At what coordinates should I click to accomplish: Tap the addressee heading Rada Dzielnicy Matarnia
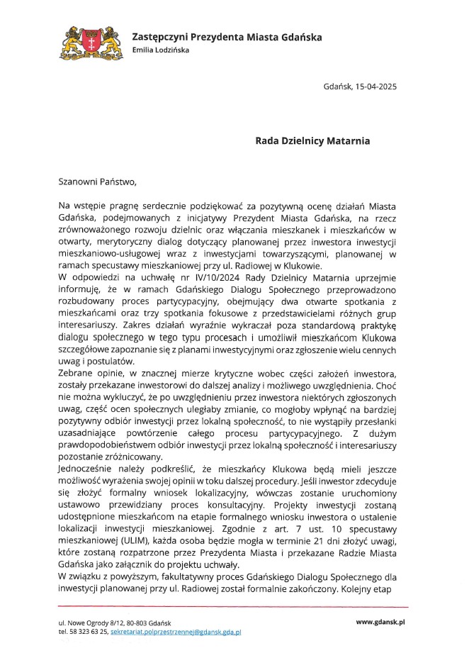(x=312, y=141)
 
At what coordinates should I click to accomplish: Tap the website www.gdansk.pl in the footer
(x=380, y=621)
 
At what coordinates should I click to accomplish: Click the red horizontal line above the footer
(x=234, y=607)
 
